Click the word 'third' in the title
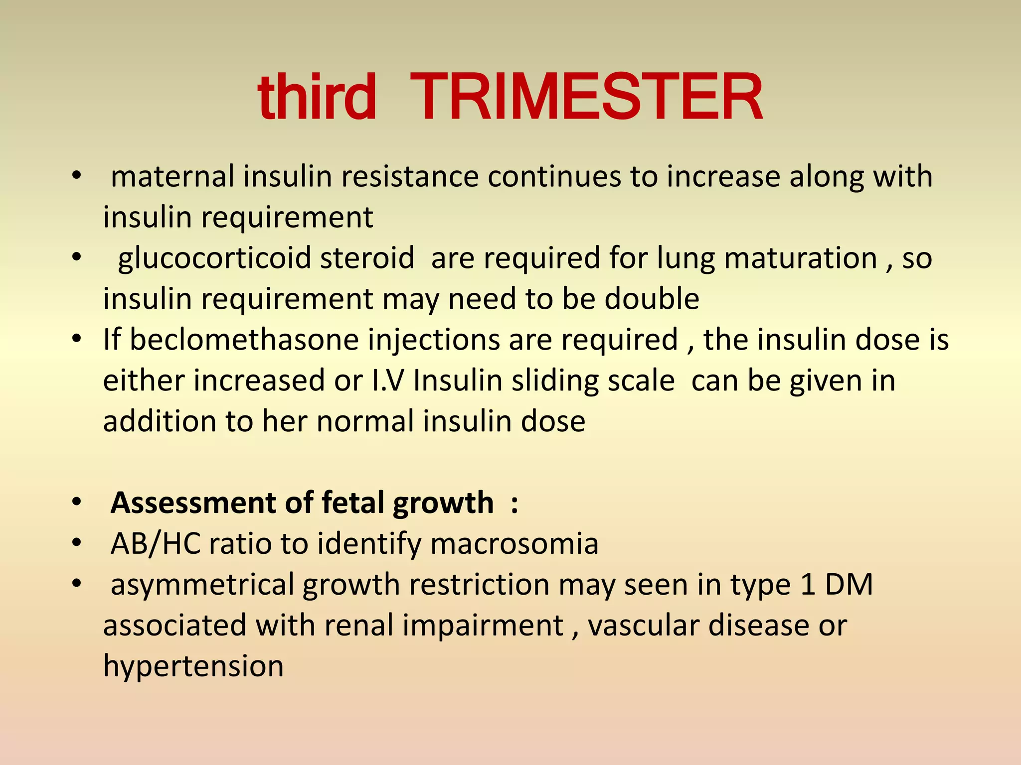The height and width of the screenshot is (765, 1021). pos(317,97)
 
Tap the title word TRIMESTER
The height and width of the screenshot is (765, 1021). pos(586,97)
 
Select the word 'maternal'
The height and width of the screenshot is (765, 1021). pos(172,177)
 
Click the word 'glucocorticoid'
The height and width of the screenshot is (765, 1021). pos(215,258)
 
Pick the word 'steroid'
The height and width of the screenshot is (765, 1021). pos(367,258)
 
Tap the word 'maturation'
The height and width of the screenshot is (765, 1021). pos(800,258)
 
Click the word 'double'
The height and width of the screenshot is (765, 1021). pos(652,299)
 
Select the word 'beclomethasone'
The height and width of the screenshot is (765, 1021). pos(244,340)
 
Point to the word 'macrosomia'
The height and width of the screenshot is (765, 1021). pos(514,543)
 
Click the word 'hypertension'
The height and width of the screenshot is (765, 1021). pos(193,666)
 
